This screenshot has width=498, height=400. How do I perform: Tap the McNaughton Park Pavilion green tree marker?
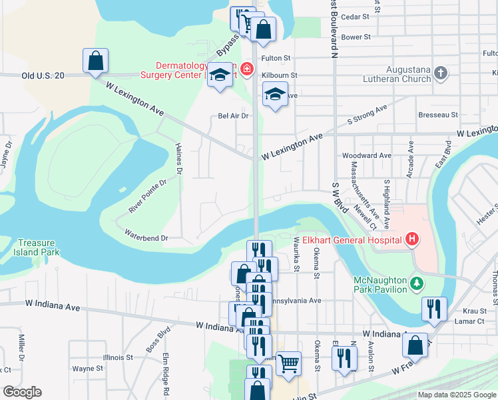(417, 283)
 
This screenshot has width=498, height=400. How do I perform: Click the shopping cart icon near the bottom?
(288, 364)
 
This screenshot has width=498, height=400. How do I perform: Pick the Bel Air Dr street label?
(233, 115)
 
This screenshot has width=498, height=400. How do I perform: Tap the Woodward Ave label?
(366, 155)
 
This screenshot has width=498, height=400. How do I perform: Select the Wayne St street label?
(87, 367)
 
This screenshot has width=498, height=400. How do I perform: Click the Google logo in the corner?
(22, 392)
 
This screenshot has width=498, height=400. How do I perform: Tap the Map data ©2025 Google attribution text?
(456, 395)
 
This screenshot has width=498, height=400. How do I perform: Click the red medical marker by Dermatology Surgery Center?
(246, 69)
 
